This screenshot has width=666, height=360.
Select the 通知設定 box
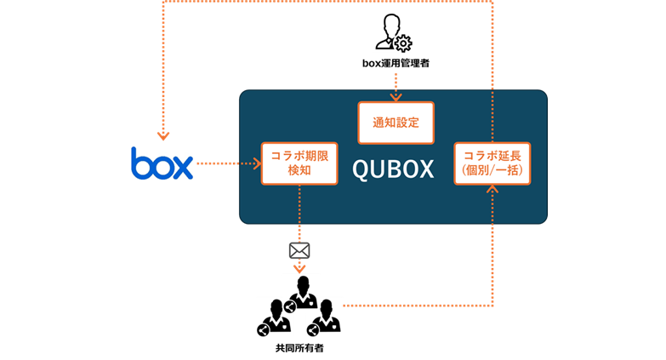pyautogui.click(x=396, y=123)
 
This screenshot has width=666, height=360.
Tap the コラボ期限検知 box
pyautogui.click(x=299, y=163)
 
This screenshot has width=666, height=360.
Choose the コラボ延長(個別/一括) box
pyautogui.click(x=492, y=163)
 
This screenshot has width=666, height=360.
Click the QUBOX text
pyautogui.click(x=393, y=169)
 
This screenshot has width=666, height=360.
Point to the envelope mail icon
pyautogui.click(x=299, y=250)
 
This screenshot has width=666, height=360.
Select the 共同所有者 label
pyautogui.click(x=299, y=348)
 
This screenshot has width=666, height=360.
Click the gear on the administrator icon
pyautogui.click(x=403, y=43)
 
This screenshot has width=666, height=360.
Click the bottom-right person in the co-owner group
pyautogui.click(x=325, y=318)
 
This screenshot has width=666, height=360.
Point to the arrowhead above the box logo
pyautogui.click(x=163, y=135)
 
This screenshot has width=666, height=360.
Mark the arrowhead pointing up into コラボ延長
pyautogui.click(x=492, y=190)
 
